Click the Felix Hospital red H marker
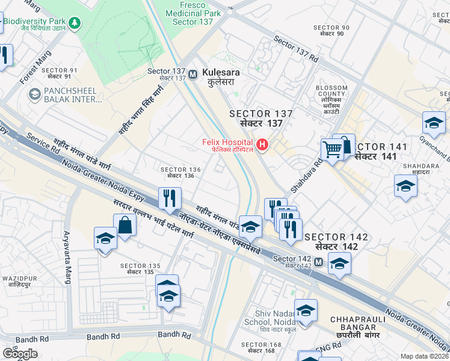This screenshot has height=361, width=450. [x=262, y=144]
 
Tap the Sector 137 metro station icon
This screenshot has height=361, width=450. [x=193, y=74]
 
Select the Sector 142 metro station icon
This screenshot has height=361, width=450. [x=318, y=262]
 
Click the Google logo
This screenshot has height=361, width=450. [x=20, y=353]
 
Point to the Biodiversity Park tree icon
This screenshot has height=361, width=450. [x=75, y=23]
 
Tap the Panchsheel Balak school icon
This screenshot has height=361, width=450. [x=34, y=94]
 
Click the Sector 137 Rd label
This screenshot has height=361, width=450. [x=296, y=51]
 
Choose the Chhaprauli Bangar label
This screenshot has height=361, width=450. [x=353, y=323]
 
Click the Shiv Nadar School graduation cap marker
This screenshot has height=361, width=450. [x=306, y=310]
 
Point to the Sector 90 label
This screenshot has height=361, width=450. [x=331, y=31]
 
